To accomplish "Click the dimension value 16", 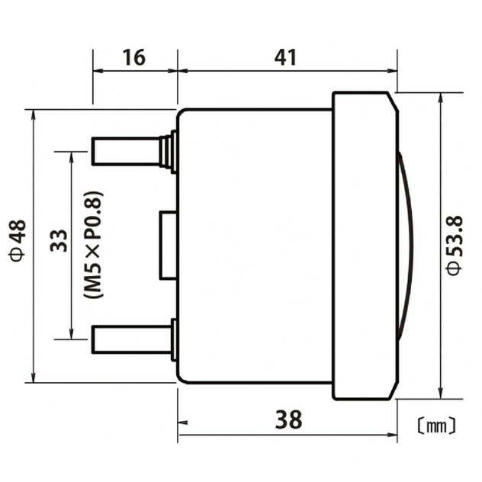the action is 134,57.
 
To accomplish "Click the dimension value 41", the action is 285,57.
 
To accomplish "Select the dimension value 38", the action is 288,419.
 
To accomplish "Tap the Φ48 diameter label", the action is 18,240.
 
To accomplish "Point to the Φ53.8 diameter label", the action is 455,246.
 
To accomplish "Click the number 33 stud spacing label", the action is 59,240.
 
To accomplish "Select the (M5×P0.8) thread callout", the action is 93,245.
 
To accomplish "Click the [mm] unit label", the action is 437,426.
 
